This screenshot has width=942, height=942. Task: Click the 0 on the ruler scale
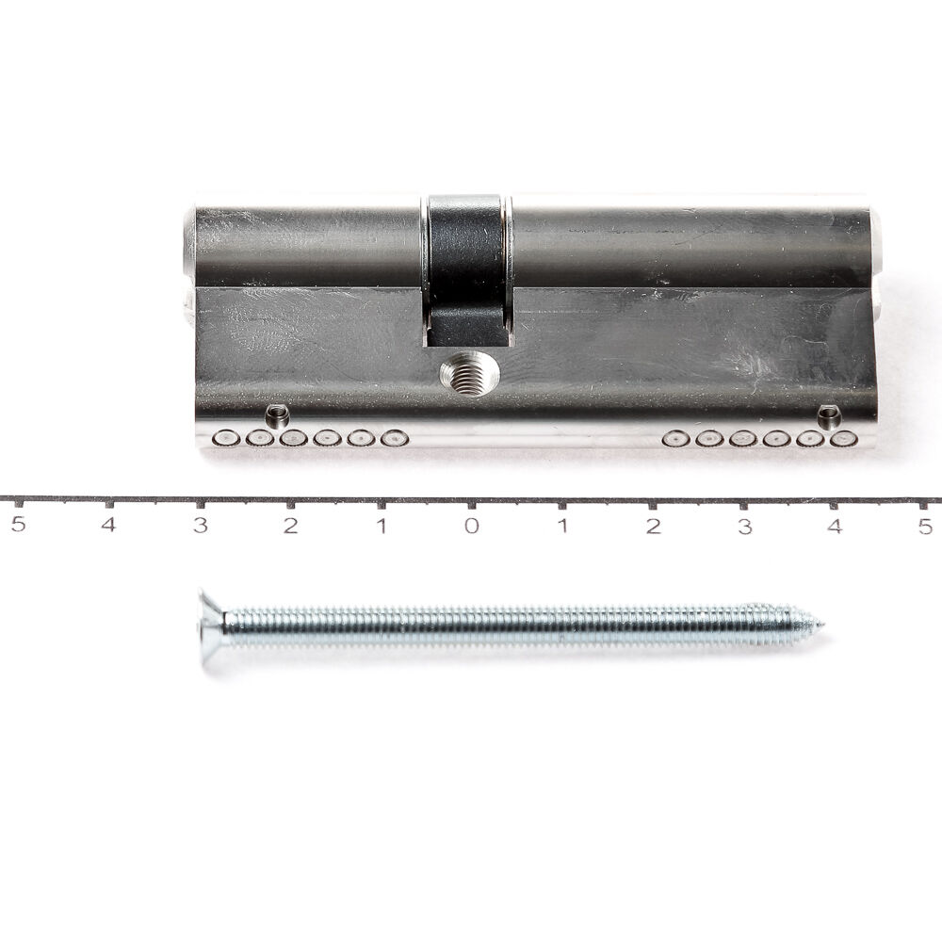point(471,525)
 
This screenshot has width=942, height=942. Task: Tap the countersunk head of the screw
point(211,625)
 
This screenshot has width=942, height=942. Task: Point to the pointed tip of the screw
point(818,625)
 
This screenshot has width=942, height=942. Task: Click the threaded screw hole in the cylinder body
point(468,373)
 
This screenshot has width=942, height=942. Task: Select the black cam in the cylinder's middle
point(467,268)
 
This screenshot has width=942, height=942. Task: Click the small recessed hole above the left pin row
point(277,414)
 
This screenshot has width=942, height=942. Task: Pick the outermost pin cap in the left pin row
point(225,438)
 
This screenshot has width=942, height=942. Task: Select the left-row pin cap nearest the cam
point(394,438)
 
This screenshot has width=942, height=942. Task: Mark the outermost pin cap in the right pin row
point(843,438)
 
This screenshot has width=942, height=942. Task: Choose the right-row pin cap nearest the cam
point(675,438)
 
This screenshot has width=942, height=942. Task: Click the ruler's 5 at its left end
point(17,525)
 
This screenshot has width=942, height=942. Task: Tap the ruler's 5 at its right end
point(925,525)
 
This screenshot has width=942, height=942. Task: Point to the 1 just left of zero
point(381,525)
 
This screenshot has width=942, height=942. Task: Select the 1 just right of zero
point(562,525)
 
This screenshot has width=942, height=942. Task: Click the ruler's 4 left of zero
point(107,525)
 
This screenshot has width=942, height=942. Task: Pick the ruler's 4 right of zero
point(835,525)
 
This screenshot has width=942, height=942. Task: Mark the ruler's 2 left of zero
point(290,525)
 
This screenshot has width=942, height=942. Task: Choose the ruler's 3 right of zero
point(744,525)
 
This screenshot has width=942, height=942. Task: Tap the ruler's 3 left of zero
point(200,525)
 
